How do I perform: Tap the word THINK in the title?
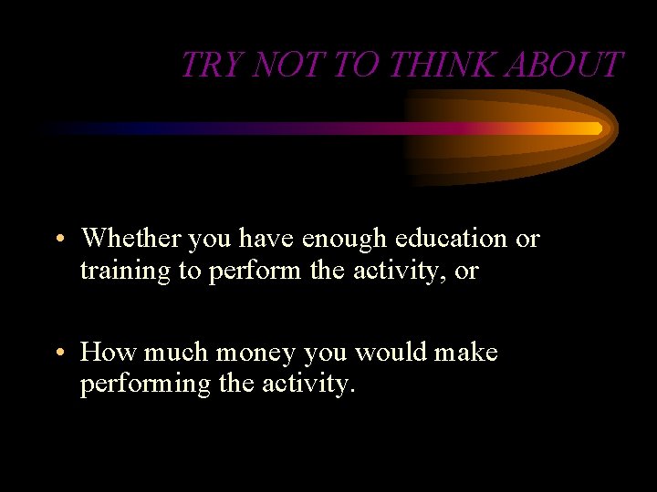pyautogui.click(x=432, y=66)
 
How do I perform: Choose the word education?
pyautogui.click(x=452, y=239)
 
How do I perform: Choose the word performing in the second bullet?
pyautogui.click(x=145, y=384)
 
